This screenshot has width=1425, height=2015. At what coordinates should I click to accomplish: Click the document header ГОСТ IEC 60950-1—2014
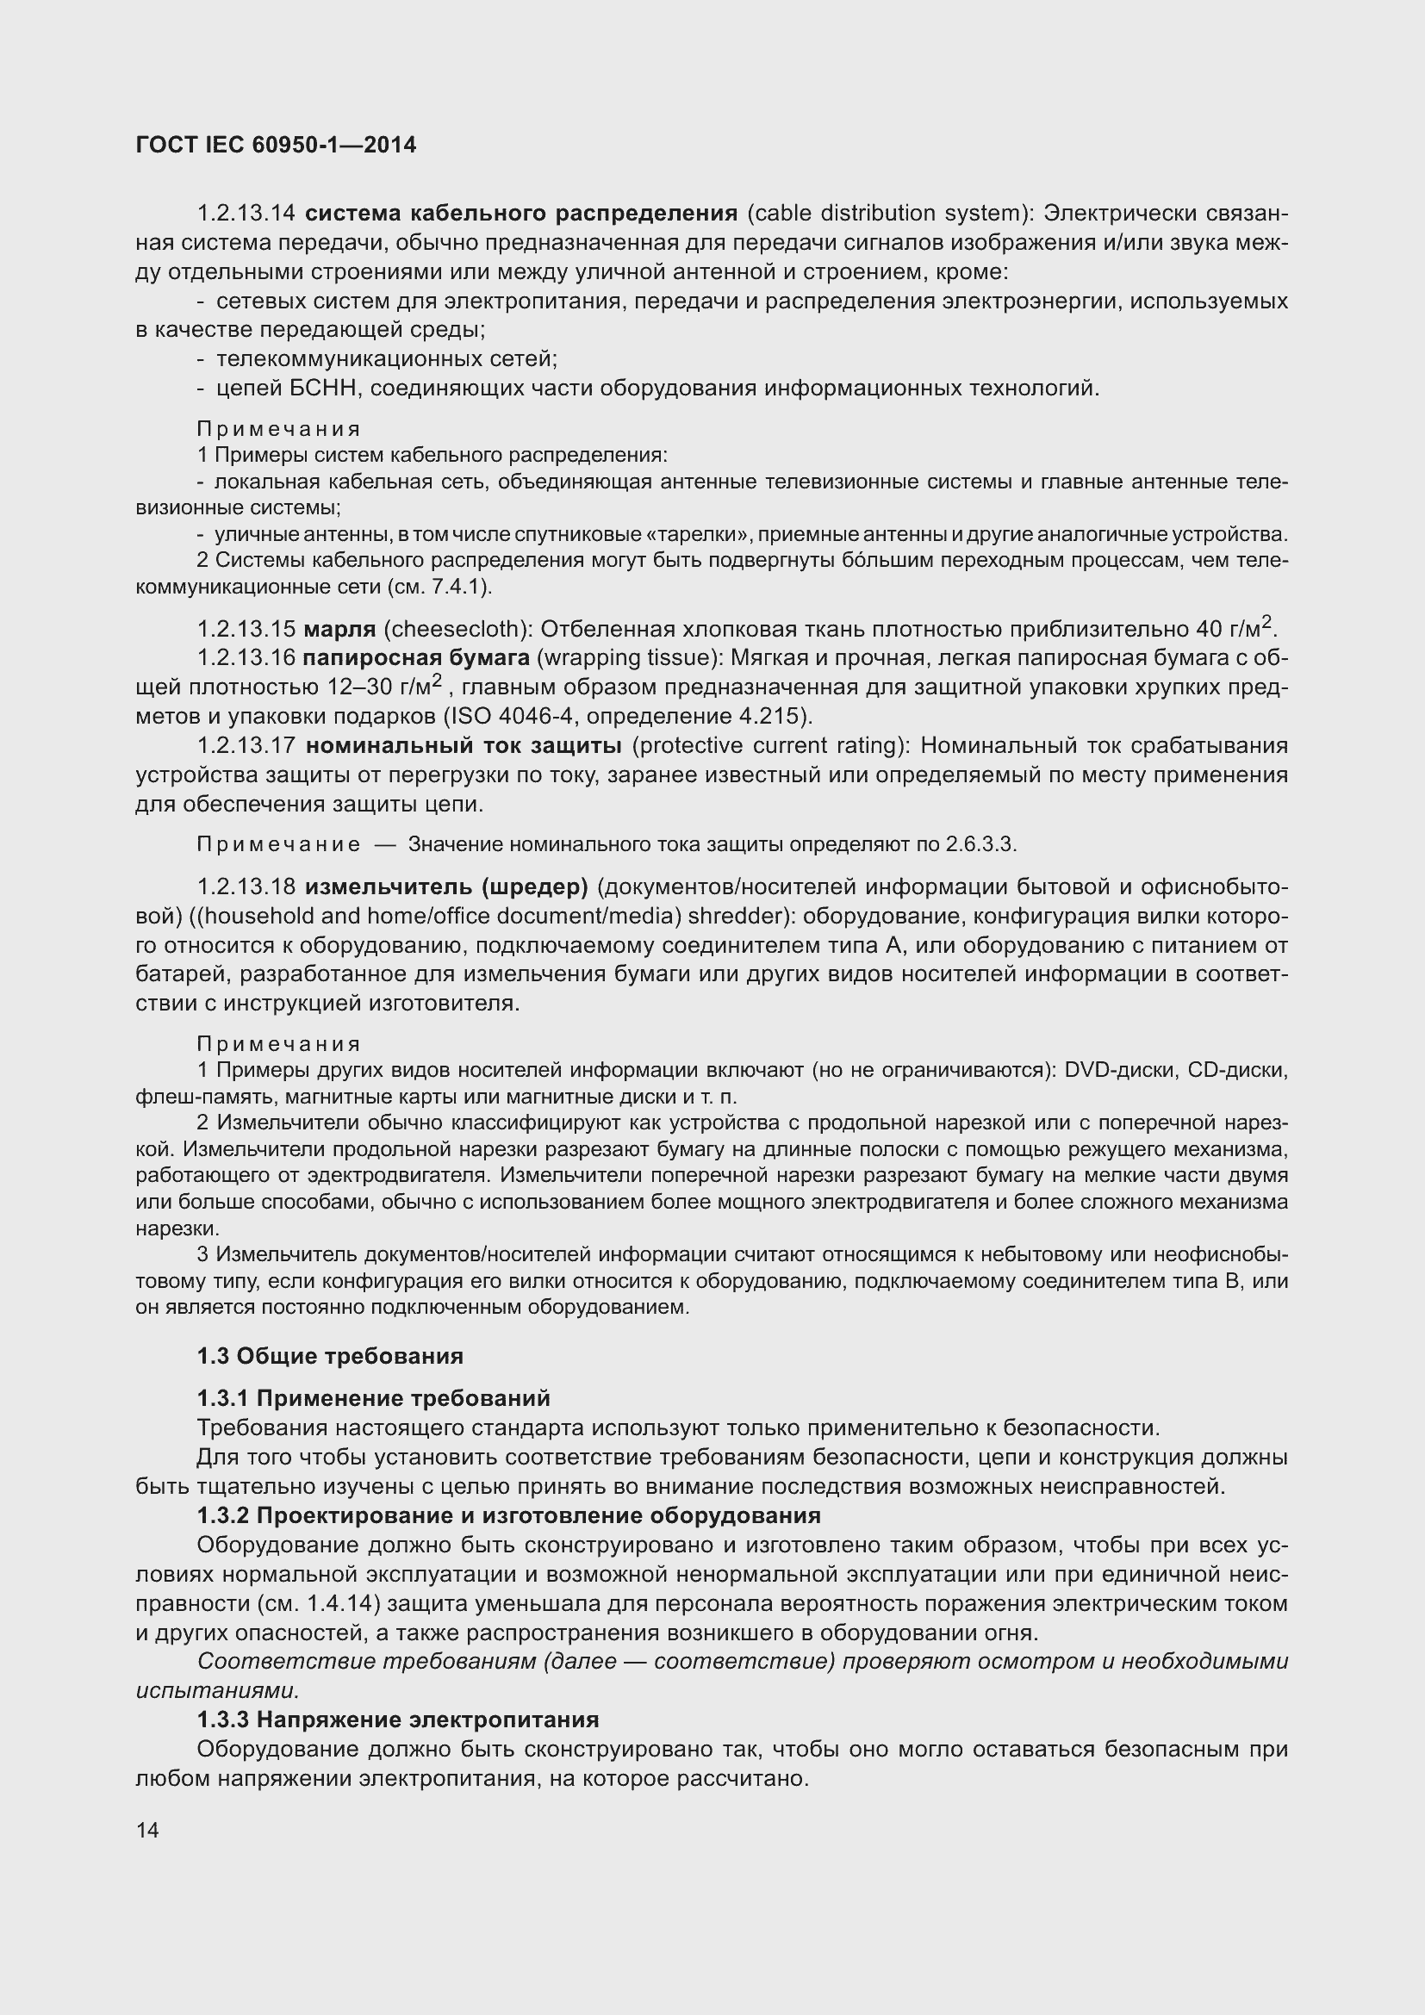click(x=276, y=145)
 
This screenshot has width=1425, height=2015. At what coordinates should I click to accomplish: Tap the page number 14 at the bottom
click(x=147, y=1830)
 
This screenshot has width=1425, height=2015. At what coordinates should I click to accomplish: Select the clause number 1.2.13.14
click(x=246, y=214)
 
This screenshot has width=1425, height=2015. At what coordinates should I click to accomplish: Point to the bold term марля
click(x=340, y=629)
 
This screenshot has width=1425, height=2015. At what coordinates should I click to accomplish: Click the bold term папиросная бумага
click(x=416, y=658)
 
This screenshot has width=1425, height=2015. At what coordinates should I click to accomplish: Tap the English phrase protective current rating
click(x=769, y=746)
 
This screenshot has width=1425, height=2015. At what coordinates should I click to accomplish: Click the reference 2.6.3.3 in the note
click(x=980, y=844)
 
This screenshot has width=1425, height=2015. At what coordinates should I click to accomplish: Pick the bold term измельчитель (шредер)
click(x=445, y=887)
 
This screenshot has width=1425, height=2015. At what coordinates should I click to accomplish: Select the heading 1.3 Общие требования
click(x=330, y=1356)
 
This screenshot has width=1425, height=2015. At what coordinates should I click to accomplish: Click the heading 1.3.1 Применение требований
click(x=373, y=1398)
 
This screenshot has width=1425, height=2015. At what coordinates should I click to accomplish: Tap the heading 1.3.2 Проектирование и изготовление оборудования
click(x=509, y=1515)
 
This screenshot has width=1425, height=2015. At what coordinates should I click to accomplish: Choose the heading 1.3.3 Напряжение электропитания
click(x=397, y=1720)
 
